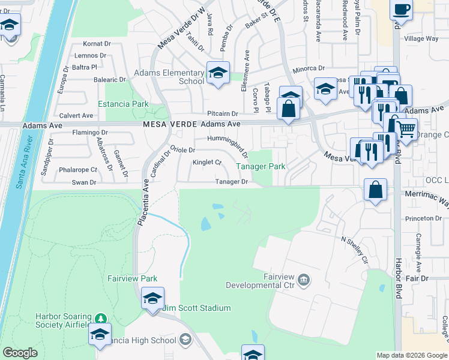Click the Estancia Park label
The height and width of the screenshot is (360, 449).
(x=127, y=104)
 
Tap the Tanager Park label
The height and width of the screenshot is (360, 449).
(x=260, y=166)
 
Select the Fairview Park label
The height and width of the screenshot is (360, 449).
(x=132, y=278)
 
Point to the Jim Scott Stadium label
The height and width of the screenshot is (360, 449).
(x=197, y=308)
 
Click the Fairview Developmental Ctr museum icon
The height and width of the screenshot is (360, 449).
(x=304, y=279)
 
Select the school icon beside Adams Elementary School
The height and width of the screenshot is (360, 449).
(x=218, y=73)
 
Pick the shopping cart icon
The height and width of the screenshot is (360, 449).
(x=406, y=128)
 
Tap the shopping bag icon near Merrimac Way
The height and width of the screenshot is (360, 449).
(x=375, y=190)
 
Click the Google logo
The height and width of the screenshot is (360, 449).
(x=20, y=353)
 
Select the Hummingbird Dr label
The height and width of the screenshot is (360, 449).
(x=228, y=144)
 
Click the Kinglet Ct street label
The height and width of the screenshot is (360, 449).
(x=207, y=163)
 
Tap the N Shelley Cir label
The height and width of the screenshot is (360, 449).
(x=354, y=249)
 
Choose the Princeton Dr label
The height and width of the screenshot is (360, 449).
(x=427, y=219)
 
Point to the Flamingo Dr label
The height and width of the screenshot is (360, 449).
(x=89, y=132)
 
